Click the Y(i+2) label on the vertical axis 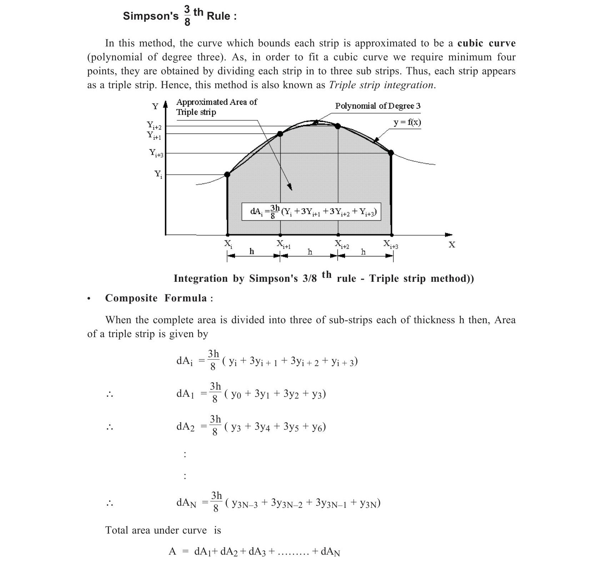154,125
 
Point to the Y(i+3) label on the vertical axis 156,153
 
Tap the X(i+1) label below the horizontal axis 284,244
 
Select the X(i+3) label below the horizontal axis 391,244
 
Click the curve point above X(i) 227,175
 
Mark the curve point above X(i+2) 338,126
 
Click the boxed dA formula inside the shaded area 311,211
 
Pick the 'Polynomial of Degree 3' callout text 378,106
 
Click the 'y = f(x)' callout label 407,122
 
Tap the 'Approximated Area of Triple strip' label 216,107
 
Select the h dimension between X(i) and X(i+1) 252,251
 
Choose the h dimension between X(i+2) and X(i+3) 363,252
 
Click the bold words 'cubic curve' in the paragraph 486,43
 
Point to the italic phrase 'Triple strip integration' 381,85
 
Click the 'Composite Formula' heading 156,298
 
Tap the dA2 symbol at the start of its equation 185,427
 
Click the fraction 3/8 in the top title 187,16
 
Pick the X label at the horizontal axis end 452,245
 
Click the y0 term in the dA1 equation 236,394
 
